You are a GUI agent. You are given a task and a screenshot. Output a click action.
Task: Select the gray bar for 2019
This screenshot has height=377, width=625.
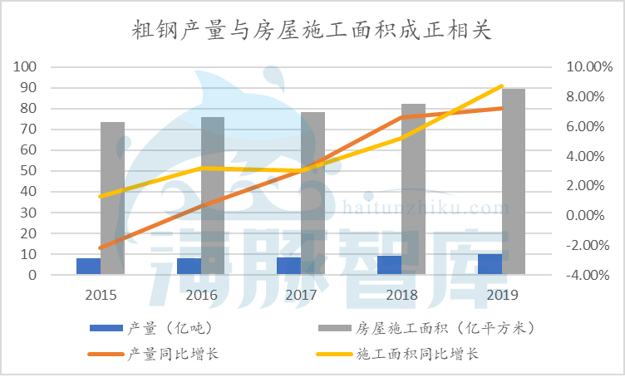[x=514, y=181]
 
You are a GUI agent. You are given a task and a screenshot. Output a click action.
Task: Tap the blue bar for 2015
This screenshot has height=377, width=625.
[x=89, y=266]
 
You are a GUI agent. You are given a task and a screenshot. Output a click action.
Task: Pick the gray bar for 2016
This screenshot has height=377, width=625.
[x=213, y=195]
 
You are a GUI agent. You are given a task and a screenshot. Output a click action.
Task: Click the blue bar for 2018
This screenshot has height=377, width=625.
[x=389, y=265]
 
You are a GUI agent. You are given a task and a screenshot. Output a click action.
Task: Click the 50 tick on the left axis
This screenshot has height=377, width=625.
[x=30, y=170]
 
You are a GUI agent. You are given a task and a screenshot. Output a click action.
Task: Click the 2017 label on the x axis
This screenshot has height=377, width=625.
[x=301, y=295]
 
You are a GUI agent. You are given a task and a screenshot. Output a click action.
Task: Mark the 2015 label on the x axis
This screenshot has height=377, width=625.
[x=101, y=295]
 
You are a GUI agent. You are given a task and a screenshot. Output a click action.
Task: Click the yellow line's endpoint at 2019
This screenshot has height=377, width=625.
[x=502, y=86]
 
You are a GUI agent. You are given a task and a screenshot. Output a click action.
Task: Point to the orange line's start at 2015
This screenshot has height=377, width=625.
[x=101, y=248]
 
